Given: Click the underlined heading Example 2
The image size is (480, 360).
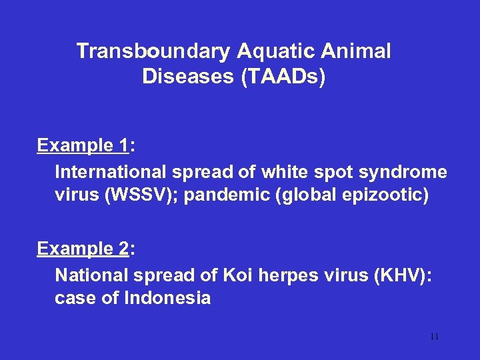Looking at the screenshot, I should (x=83, y=249).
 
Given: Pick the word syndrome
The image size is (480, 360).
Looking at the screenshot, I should (x=403, y=172).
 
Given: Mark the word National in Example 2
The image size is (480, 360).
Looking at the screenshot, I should (x=89, y=275).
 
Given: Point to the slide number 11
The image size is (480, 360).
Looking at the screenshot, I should (x=434, y=337).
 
